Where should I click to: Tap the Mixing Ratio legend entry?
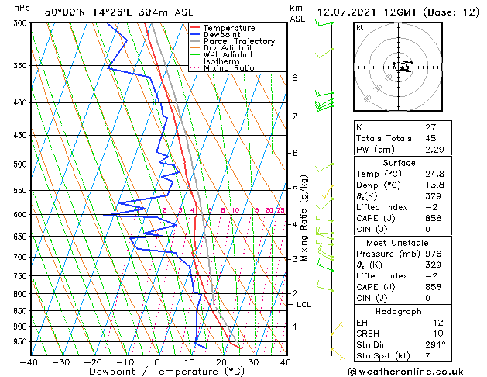coord(229,68)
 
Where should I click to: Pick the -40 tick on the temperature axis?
coord(29,361)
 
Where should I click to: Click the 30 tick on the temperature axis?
coord(253,361)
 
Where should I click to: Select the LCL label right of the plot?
coord(304,305)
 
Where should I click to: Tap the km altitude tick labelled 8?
coord(295,78)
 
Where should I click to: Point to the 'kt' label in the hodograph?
coord(359,28)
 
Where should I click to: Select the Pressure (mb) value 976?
coord(434,254)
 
